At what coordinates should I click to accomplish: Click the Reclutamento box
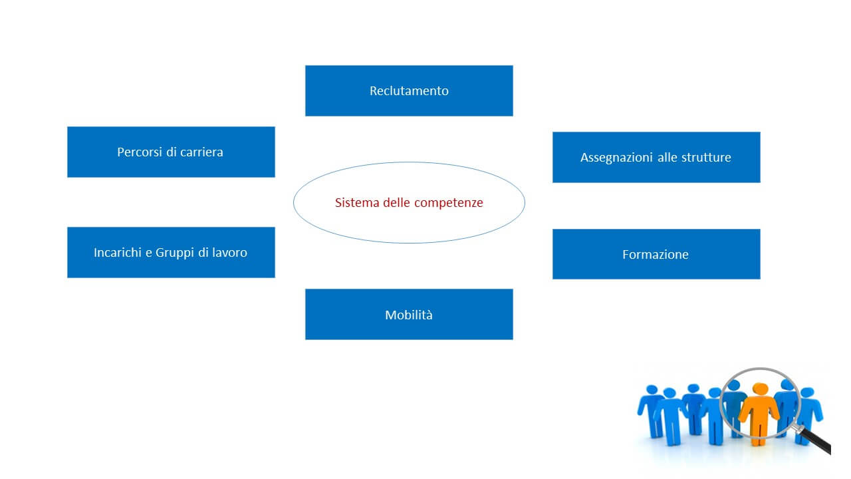(x=409, y=90)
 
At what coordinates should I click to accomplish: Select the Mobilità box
(x=409, y=314)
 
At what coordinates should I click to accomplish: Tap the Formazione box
(x=656, y=254)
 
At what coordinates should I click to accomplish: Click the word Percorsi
(x=140, y=152)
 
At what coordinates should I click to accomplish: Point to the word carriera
(x=201, y=152)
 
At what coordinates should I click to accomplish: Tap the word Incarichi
(x=118, y=252)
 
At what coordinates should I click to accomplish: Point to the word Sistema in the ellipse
(x=357, y=203)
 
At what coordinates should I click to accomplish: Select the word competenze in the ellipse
(x=449, y=204)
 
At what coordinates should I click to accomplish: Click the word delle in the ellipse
(x=397, y=203)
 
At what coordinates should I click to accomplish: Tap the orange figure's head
(x=760, y=389)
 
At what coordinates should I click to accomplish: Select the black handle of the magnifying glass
(x=818, y=442)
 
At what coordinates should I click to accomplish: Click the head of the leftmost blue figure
(x=652, y=390)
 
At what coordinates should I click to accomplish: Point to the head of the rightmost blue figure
(x=807, y=393)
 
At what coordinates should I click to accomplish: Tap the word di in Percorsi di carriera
(x=171, y=152)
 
